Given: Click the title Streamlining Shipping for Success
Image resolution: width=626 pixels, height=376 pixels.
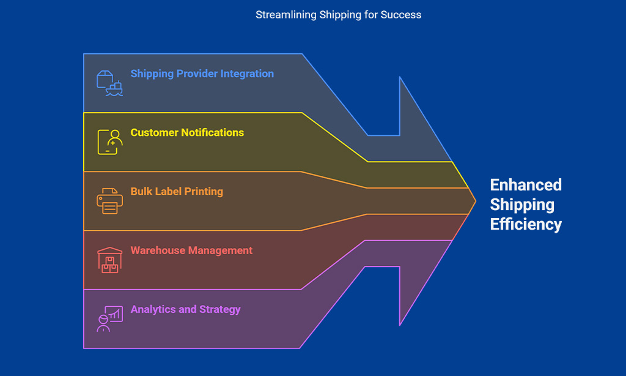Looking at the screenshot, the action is (x=338, y=15).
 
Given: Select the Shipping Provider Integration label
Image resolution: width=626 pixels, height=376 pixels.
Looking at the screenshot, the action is (x=202, y=74).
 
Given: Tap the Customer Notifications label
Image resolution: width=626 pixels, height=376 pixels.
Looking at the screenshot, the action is (x=187, y=132).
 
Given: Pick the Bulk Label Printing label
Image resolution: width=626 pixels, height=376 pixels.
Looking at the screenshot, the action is (x=177, y=192).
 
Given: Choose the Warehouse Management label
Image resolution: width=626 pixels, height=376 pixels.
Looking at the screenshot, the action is (x=191, y=250).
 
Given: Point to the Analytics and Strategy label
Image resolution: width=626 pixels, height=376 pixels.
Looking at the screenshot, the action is (x=185, y=310).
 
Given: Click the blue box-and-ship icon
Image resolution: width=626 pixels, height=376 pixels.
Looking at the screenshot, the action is (x=109, y=83).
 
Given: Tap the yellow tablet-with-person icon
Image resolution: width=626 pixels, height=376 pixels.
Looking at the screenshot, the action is (x=110, y=142).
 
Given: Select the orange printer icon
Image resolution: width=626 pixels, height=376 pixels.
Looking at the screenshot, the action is (x=109, y=201).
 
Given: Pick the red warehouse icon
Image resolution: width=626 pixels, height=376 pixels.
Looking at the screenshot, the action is (x=110, y=260).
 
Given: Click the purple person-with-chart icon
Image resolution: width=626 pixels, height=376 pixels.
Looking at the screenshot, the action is (x=109, y=319).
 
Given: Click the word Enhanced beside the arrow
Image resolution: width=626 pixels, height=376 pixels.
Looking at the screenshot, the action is (x=526, y=185).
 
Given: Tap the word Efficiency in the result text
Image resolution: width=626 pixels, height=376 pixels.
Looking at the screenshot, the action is (x=526, y=224).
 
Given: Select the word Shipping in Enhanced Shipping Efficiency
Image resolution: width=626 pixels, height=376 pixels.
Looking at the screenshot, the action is (x=522, y=205).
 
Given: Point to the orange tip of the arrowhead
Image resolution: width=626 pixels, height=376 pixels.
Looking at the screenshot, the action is (x=476, y=201).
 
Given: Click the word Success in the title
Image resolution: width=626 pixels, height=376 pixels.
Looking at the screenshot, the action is (x=400, y=15).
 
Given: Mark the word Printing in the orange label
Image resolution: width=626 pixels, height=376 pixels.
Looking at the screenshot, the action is (x=204, y=192).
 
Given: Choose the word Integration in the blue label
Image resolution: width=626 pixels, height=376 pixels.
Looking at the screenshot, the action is (x=247, y=74).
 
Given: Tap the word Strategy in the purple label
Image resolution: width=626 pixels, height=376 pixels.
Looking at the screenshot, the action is (x=220, y=310).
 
